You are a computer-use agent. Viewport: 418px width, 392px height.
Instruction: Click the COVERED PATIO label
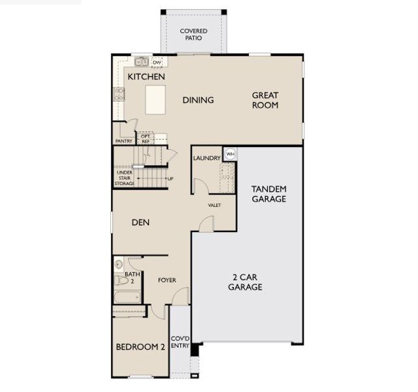pyautogui.click(x=194, y=35)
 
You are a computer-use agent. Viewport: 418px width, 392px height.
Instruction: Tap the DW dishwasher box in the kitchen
pyautogui.click(x=157, y=63)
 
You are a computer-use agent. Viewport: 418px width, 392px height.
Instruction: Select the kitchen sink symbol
pyautogui.click(x=141, y=63)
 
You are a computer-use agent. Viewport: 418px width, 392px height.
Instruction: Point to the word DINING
pyautogui.click(x=198, y=100)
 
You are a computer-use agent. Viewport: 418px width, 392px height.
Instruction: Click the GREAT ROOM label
pyautogui.click(x=265, y=100)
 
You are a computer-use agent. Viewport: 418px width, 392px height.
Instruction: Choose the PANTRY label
pyautogui.click(x=123, y=141)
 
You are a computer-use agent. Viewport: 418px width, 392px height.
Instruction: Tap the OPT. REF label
pyautogui.click(x=146, y=139)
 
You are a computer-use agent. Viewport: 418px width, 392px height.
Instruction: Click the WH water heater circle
pyautogui.click(x=230, y=154)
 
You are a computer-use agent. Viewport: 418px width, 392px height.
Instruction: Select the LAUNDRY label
pyautogui.click(x=206, y=159)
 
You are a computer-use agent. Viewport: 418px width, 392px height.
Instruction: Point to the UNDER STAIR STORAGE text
pyautogui.click(x=125, y=178)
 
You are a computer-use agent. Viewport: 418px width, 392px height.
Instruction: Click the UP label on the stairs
pyautogui.click(x=170, y=178)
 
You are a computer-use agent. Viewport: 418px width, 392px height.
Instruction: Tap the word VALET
pyautogui.click(x=214, y=205)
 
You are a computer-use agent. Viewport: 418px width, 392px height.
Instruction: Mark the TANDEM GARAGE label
pyautogui.click(x=268, y=194)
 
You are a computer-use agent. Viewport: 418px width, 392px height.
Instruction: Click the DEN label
pyautogui.click(x=140, y=222)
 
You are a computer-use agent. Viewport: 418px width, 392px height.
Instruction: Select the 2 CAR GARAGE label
pyautogui.click(x=245, y=282)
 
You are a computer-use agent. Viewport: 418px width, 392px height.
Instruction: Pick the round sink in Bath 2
pyautogui.click(x=118, y=265)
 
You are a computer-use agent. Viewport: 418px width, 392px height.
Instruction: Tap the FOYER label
pyautogui.click(x=167, y=280)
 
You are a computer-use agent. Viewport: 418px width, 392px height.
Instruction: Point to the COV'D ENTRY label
pyautogui.click(x=180, y=342)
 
